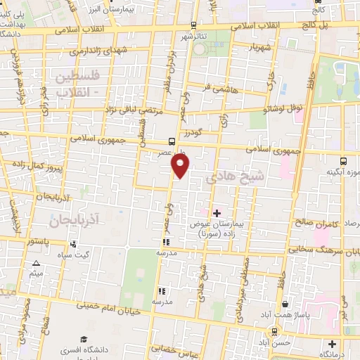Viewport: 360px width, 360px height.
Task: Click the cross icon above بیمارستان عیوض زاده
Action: pos(216,212)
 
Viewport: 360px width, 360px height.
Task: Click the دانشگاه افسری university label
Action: pos(82,349)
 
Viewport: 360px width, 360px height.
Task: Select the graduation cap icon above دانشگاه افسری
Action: pos(82,339)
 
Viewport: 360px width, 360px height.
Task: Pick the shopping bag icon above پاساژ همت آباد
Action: pos(285,304)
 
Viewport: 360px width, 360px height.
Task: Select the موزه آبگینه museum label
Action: pos(343,171)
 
